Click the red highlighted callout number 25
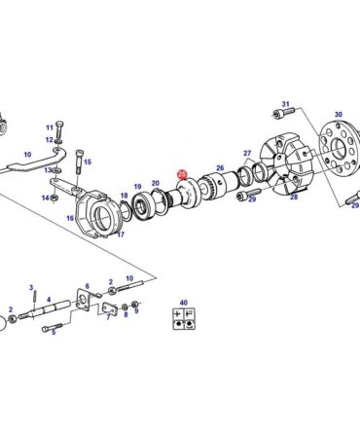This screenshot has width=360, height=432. coord(182,174)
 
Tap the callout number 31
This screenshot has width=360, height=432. coord(285,104)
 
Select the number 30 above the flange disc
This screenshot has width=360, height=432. coord(339,114)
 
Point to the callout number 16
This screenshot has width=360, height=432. coord(70,218)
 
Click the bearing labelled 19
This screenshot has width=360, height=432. coord(141,206)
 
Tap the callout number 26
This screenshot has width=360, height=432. coord(220,167)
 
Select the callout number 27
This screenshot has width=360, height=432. coord(247,153)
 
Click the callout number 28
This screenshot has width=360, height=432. coord(294,197)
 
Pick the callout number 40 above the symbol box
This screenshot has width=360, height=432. coord(183,303)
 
